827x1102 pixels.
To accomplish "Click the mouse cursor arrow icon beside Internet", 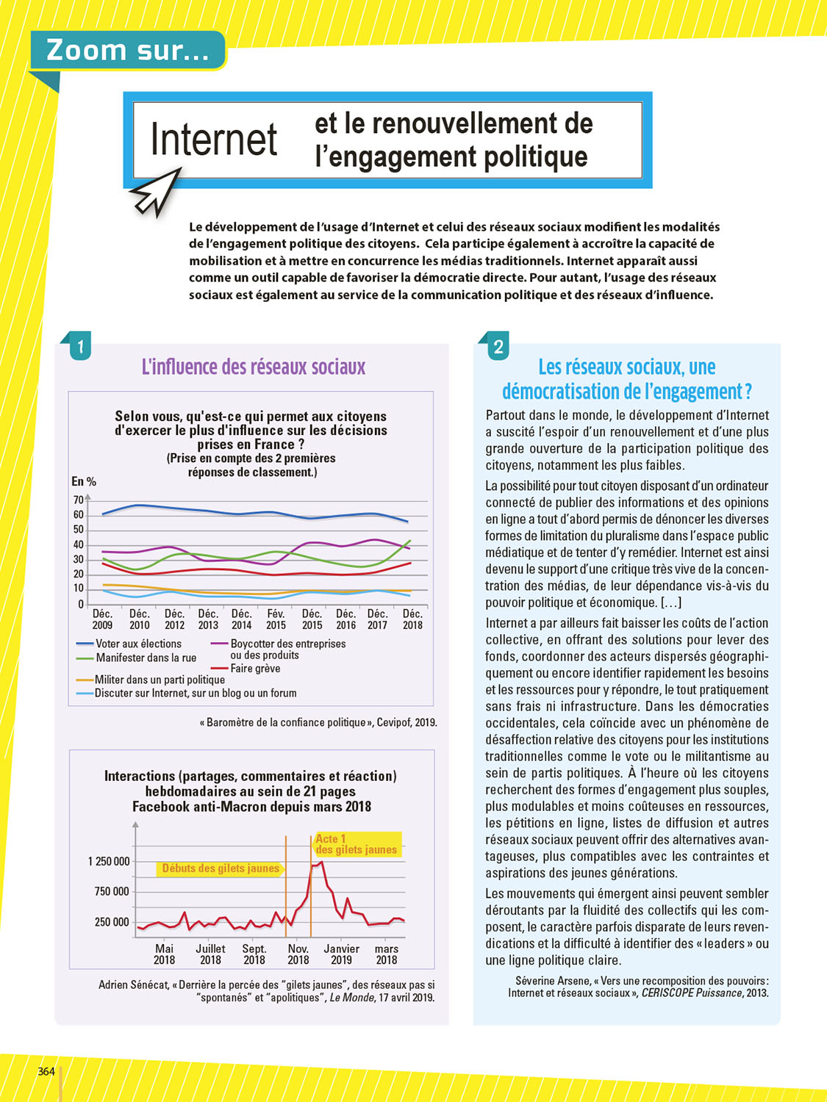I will point(156,192).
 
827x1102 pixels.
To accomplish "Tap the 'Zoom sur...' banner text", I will point(127,50).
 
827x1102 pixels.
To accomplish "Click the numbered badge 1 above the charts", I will point(80,346).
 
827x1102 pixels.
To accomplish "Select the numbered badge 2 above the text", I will point(498,347).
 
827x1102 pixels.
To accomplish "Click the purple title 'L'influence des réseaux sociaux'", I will point(253,367).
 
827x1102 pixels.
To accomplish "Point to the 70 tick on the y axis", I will point(78,500).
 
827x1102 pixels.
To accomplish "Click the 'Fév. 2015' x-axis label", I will point(276,619).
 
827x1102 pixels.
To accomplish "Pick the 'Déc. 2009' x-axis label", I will point(102,619).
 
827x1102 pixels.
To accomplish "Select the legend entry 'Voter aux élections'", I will point(138,644).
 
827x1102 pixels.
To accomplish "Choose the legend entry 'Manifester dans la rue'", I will point(146,658).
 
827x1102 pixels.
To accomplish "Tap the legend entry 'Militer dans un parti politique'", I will point(159,680).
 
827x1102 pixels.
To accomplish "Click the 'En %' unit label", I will point(84,482).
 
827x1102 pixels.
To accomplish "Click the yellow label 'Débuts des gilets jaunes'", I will point(221,868).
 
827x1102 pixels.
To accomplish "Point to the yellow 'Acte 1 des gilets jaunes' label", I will point(357,844).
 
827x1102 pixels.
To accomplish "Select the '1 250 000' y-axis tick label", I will point(109,861).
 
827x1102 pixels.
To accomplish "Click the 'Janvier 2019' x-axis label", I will point(342,954).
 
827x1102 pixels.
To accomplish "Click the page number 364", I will point(46,1071).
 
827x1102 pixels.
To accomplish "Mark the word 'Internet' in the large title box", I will point(214,140).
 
